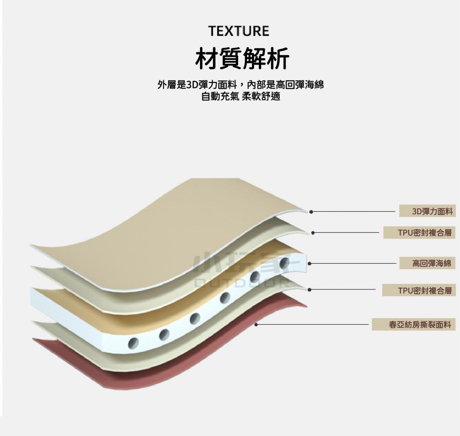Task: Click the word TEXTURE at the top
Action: click(239, 31)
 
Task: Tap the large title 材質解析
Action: click(242, 58)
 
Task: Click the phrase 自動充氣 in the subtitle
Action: click(220, 96)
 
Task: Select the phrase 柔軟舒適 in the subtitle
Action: click(261, 96)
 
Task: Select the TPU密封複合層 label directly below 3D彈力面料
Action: click(419, 233)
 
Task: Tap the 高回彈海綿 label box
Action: click(427, 263)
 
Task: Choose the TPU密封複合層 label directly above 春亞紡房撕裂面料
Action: click(419, 290)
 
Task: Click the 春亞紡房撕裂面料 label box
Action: click(414, 324)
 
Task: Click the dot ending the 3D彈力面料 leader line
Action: click(311, 212)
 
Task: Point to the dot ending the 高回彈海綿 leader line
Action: click(310, 264)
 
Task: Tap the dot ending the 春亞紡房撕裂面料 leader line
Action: click(256, 324)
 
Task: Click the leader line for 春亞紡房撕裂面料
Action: click(312, 324)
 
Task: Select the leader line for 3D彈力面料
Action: click(353, 212)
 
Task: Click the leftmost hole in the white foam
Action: click(133, 343)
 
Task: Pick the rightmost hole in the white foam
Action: click(285, 262)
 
